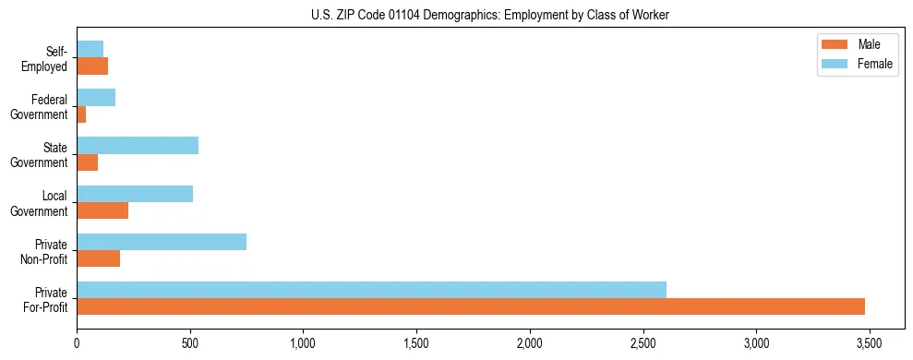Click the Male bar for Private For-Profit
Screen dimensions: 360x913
click(x=471, y=306)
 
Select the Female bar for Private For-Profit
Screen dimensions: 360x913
click(x=371, y=290)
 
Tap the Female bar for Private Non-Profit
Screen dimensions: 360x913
click(x=162, y=242)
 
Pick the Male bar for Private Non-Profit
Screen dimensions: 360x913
click(x=99, y=258)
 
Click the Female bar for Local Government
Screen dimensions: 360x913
click(x=135, y=194)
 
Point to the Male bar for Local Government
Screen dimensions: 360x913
click(x=102, y=210)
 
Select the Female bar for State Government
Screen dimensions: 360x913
click(x=138, y=146)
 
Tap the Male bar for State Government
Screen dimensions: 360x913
click(x=88, y=162)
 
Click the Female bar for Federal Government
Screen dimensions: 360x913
click(x=96, y=98)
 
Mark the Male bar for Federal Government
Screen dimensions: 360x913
click(x=81, y=114)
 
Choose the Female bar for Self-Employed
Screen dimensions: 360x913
click(x=90, y=49)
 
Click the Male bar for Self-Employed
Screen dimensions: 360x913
click(x=92, y=66)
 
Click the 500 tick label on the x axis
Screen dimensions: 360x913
click(x=190, y=342)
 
